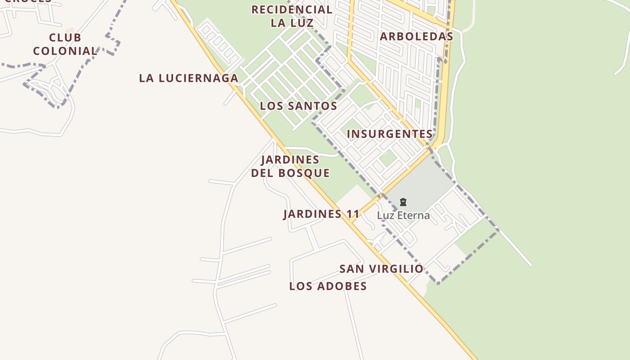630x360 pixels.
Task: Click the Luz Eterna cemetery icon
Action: coord(403,202)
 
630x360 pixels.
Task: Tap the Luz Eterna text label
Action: coord(403,216)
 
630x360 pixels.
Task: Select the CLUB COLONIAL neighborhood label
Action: coord(65,44)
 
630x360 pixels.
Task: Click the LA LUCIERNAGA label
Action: coord(189,78)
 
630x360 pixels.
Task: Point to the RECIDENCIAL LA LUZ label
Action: coord(292,16)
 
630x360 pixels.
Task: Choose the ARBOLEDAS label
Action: coord(416,36)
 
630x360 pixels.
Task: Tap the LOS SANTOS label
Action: coord(298,106)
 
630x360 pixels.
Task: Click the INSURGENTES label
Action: coord(390,134)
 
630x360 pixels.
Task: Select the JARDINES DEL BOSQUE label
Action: coord(290,166)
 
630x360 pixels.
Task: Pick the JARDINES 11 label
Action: coord(321,214)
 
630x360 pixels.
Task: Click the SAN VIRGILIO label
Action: coord(381,269)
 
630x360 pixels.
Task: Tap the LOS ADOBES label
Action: coord(328,286)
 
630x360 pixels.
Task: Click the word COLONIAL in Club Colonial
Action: coord(65,51)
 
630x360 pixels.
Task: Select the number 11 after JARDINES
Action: coord(353,214)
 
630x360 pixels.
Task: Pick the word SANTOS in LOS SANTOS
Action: coord(311,106)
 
